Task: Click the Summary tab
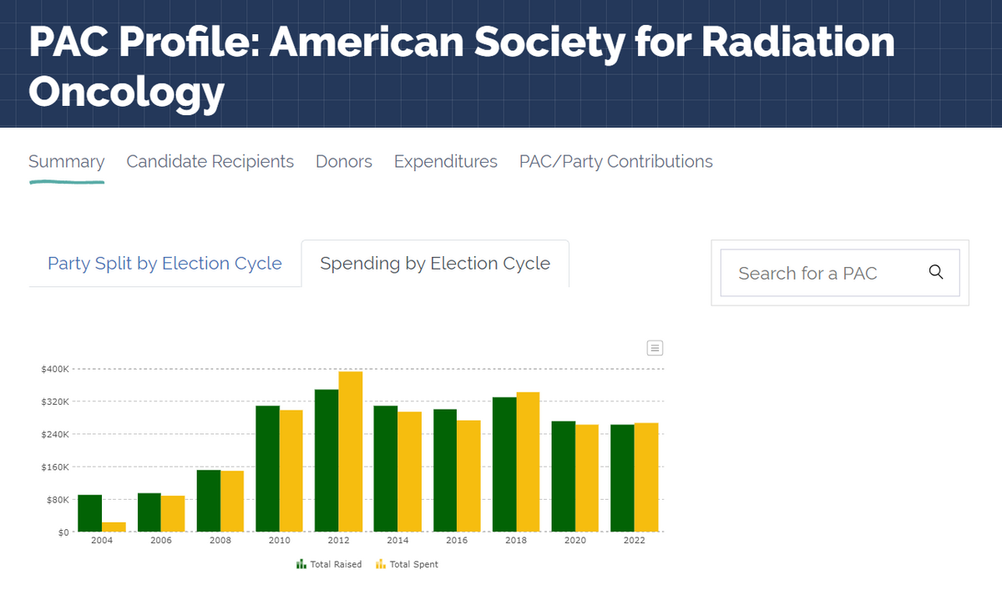point(66,162)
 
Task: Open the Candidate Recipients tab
point(210,162)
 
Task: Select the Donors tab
point(343,162)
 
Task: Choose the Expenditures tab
point(445,162)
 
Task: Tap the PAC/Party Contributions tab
point(615,162)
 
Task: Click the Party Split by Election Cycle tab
point(164,264)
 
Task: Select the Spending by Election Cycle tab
point(435,264)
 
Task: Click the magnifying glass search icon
point(936,272)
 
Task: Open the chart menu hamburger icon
point(655,348)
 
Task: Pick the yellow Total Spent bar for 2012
point(351,451)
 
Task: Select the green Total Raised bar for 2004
point(89,513)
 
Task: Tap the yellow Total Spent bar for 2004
point(114,527)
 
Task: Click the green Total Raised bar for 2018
point(504,464)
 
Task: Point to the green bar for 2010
point(267,468)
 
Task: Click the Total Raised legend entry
point(329,565)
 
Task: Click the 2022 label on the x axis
point(634,541)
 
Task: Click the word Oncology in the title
point(126,91)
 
